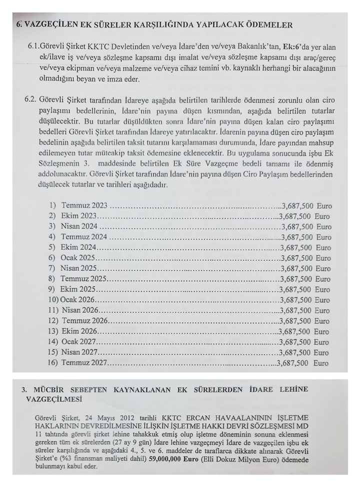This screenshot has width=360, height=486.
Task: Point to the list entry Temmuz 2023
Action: pyautogui.click(x=84, y=206)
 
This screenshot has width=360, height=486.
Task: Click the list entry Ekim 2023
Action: pyautogui.click(x=78, y=216)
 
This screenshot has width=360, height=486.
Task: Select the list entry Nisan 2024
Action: pyautogui.click(x=79, y=227)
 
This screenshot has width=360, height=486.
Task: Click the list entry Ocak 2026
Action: pyautogui.click(x=78, y=300)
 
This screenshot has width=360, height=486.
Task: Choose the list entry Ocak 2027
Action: pyautogui.click(x=78, y=342)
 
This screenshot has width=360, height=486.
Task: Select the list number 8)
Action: pyautogui.click(x=52, y=279)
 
